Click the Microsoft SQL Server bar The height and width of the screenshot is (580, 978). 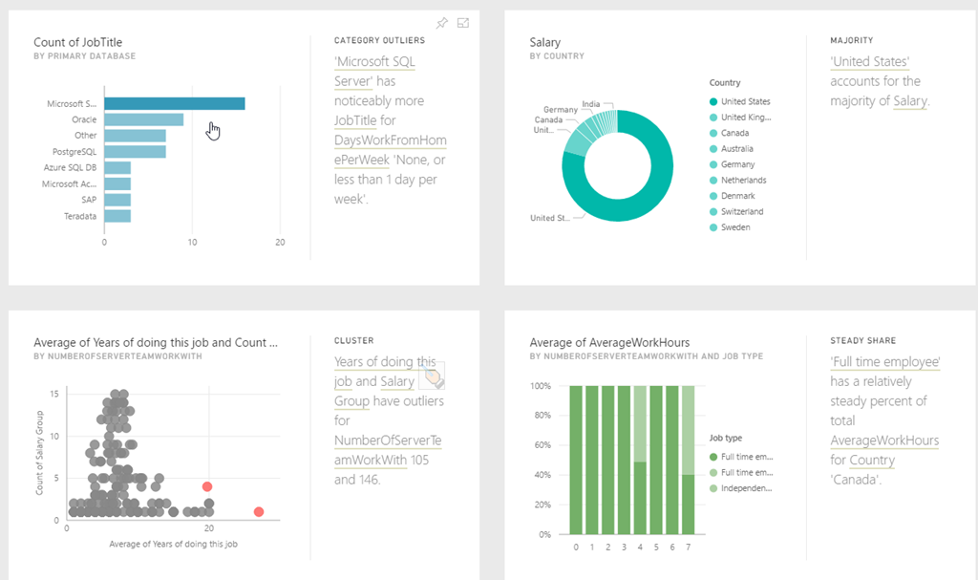174,103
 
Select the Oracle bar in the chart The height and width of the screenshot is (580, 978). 143,119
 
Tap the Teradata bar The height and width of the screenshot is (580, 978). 117,216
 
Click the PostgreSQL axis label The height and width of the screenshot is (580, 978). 74,152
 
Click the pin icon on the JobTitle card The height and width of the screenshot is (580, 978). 441,23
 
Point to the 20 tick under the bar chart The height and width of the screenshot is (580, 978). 280,242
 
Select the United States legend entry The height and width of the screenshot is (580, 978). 745,101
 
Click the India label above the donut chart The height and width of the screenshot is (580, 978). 591,103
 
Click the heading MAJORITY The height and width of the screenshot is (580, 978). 852,41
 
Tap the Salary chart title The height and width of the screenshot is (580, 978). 545,42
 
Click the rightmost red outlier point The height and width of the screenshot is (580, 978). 259,511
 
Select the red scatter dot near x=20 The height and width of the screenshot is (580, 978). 206,486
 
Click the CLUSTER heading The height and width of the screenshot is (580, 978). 353,340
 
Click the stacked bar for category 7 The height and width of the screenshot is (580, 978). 688,460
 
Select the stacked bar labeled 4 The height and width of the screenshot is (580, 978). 640,460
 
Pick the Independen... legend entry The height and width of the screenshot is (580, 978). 746,488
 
